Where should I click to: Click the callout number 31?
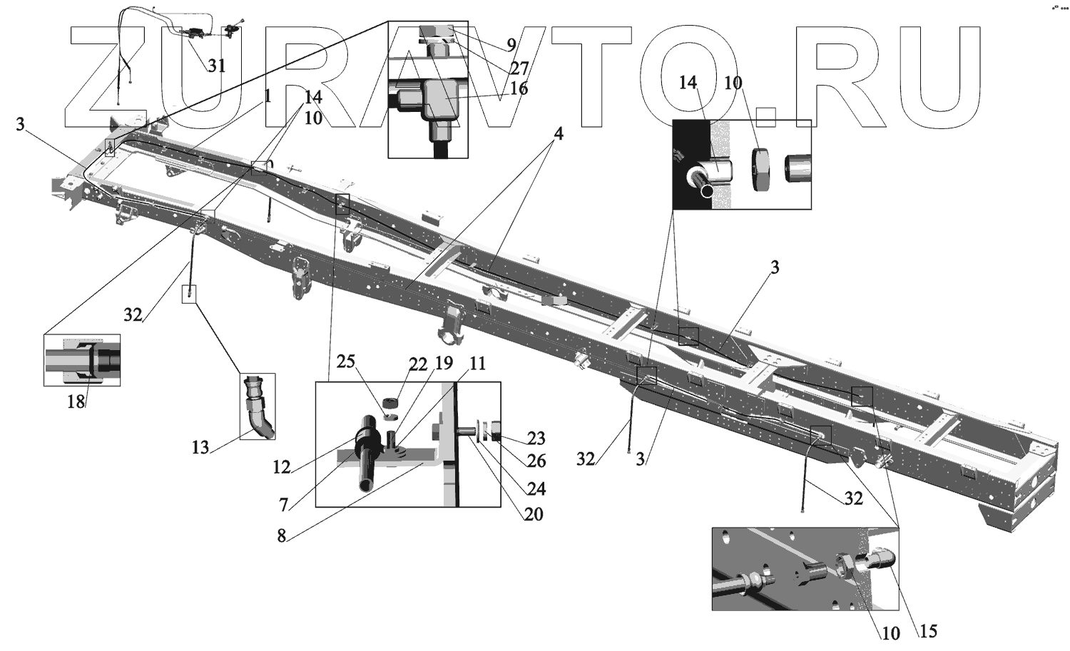pyautogui.click(x=216, y=66)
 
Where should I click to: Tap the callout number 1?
pyautogui.click(x=267, y=96)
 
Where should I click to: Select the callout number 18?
pyautogui.click(x=76, y=401)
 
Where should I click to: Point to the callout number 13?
pyautogui.click(x=200, y=447)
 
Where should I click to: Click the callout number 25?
pyautogui.click(x=346, y=362)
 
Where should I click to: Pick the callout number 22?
pyautogui.click(x=417, y=364)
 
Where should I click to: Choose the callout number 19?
pyautogui.click(x=444, y=364)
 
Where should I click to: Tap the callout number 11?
pyautogui.click(x=477, y=364)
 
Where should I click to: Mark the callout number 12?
pyautogui.click(x=282, y=467)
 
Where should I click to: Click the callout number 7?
pyautogui.click(x=284, y=504)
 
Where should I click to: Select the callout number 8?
pyautogui.click(x=282, y=536)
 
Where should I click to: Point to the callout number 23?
pyautogui.click(x=536, y=438)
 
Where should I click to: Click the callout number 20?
pyautogui.click(x=533, y=513)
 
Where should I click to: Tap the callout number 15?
pyautogui.click(x=927, y=630)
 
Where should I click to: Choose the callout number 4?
pyautogui.click(x=559, y=133)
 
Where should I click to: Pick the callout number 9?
pyautogui.click(x=511, y=44)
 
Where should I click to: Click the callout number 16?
pyautogui.click(x=519, y=88)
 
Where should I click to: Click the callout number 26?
pyautogui.click(x=536, y=461)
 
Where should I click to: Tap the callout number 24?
pyautogui.click(x=536, y=488)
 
